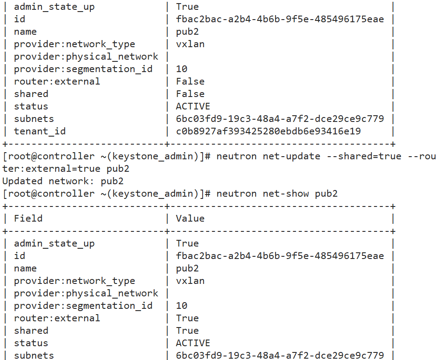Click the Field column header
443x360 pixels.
(x=28, y=218)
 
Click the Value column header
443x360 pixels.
(x=190, y=218)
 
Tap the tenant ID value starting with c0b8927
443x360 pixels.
(x=268, y=131)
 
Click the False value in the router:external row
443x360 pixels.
(x=190, y=81)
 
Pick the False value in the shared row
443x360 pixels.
(x=190, y=94)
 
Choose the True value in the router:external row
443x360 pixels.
(x=187, y=318)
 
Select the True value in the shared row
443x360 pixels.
(x=187, y=331)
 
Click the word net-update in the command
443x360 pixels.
(x=291, y=156)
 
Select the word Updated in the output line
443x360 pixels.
(x=22, y=181)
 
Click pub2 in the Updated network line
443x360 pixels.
(x=112, y=181)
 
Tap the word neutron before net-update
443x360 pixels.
(x=236, y=156)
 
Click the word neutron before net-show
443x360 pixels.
(x=236, y=194)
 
